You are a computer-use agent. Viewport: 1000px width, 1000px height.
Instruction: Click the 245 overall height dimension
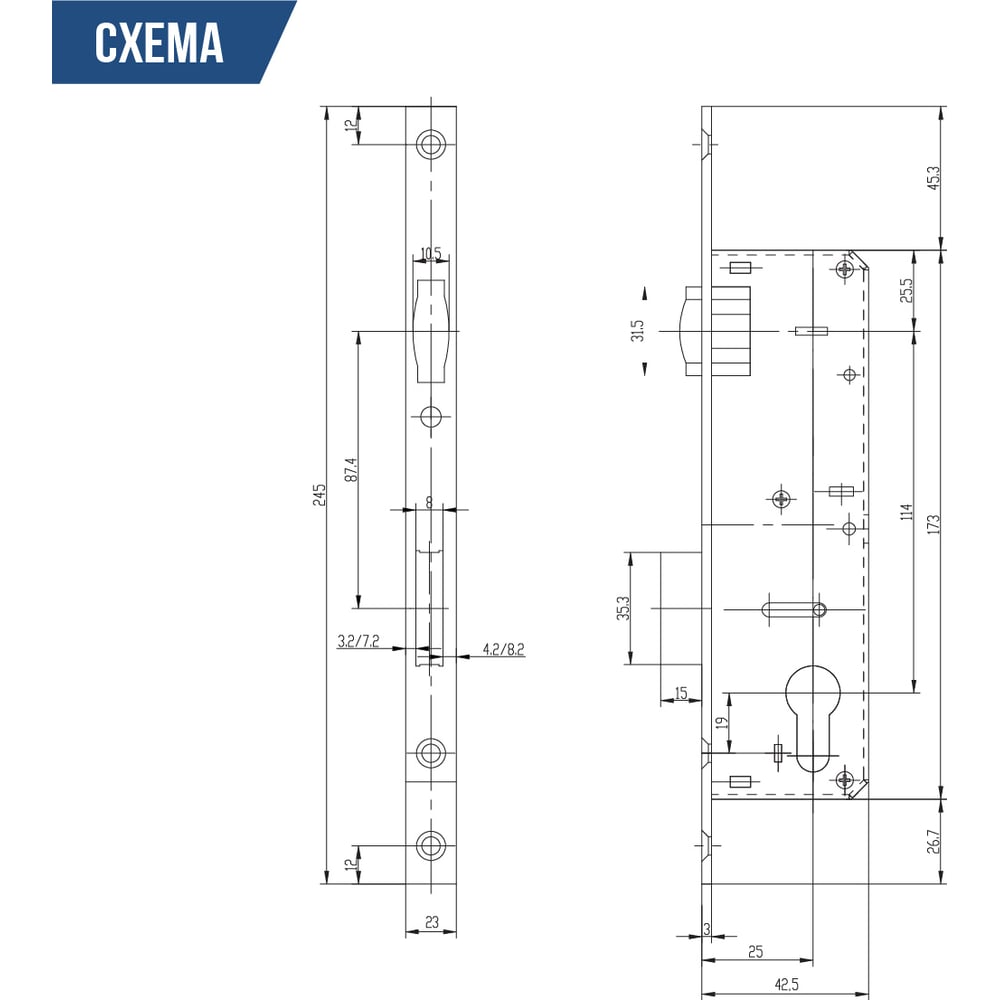[319, 495]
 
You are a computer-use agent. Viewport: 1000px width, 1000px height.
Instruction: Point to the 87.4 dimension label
[351, 469]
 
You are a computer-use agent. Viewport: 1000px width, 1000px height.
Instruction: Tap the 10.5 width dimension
[430, 254]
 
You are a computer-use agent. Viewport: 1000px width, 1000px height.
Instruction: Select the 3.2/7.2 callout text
[358, 641]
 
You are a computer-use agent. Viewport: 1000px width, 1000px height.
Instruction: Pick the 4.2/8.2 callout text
[503, 649]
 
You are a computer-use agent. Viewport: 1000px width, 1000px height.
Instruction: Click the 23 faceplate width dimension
[432, 922]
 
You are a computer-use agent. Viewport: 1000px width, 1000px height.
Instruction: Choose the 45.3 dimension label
[933, 178]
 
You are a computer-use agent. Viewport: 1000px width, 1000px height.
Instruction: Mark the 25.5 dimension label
[906, 290]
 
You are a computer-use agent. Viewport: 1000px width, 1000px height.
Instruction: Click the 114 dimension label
[906, 511]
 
